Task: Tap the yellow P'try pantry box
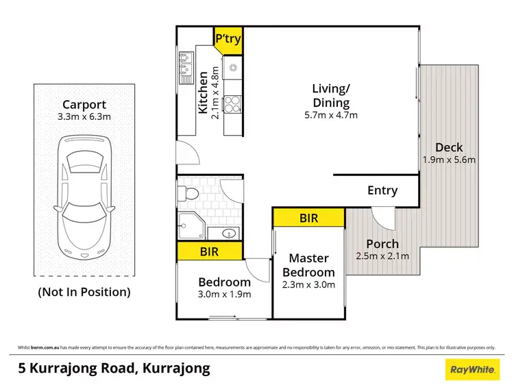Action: click(228, 38)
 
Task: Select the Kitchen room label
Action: click(203, 92)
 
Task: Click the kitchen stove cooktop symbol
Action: click(233, 103)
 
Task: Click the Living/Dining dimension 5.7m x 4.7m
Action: click(331, 115)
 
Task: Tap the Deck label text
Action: click(449, 147)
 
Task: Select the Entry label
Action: click(382, 190)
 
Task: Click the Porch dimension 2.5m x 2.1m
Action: click(382, 256)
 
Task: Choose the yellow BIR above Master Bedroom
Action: click(308, 218)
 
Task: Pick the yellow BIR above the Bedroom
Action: click(210, 251)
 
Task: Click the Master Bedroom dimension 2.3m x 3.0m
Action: click(308, 284)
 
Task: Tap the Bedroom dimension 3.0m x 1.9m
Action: click(225, 295)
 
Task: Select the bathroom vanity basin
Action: click(229, 234)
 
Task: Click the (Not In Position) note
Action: click(84, 292)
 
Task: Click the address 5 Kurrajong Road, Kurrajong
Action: click(114, 369)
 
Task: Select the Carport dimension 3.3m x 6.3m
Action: click(84, 117)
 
